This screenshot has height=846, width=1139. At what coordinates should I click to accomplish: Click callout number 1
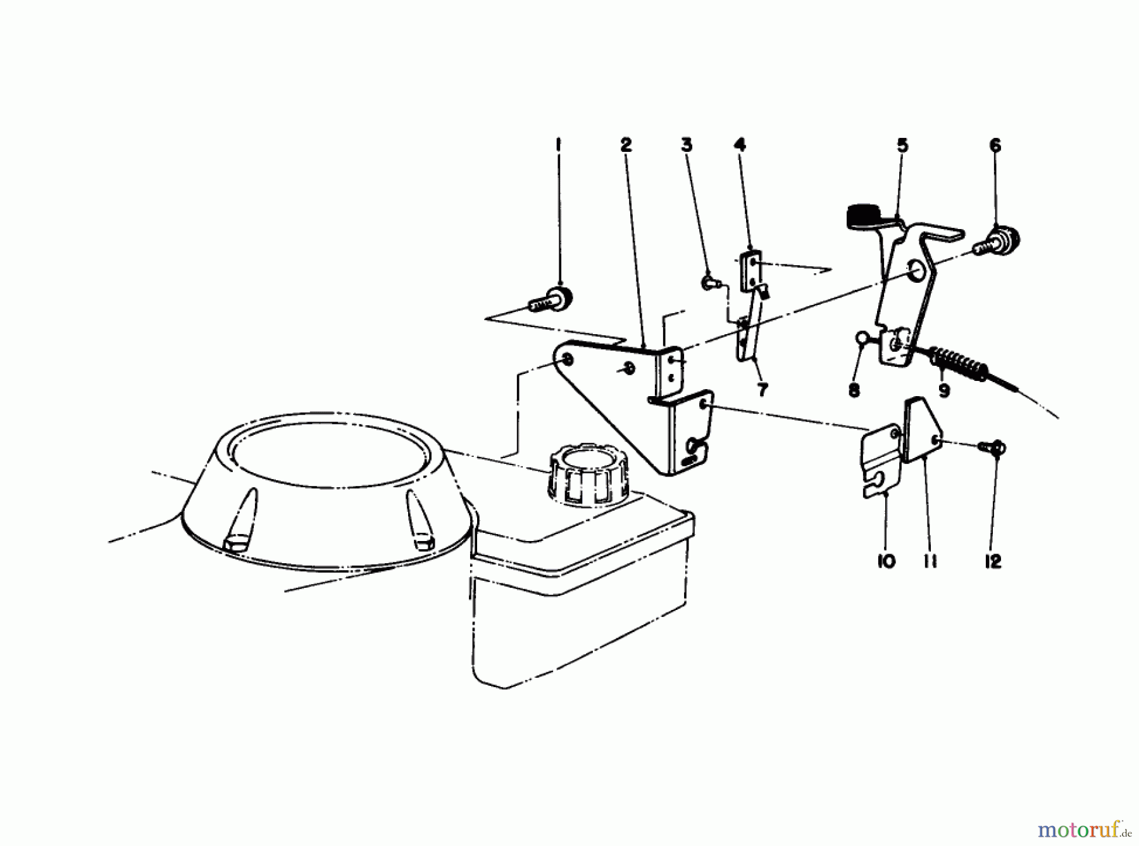558,145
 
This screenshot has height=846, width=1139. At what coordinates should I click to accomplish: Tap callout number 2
625,145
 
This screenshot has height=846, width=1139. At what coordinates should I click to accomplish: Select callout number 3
687,145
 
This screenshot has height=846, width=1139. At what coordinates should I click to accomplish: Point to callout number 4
740,145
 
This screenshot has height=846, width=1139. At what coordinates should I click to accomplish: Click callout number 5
902,146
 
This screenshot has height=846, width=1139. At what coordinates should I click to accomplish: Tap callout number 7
762,390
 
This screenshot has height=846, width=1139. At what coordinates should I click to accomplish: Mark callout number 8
854,390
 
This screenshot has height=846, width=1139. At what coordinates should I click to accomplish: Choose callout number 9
944,391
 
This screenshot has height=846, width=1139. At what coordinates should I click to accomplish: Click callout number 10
887,561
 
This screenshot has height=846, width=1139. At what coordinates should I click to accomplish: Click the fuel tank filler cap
588,474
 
